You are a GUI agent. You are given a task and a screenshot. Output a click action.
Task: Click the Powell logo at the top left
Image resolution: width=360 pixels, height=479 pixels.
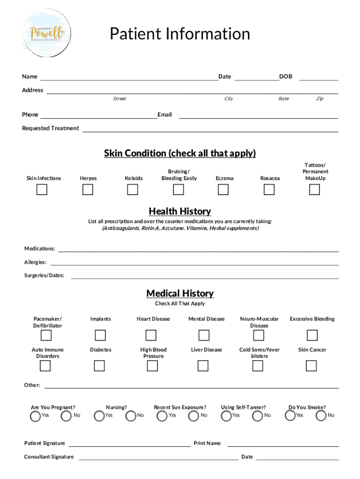pyautogui.click(x=48, y=32)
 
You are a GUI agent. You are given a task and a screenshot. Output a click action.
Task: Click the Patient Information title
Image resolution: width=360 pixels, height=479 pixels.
pyautogui.click(x=180, y=34)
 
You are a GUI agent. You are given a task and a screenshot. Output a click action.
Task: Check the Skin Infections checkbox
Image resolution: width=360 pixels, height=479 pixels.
pyautogui.click(x=42, y=189)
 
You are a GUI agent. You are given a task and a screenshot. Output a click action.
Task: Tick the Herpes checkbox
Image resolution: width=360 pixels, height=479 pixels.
pyautogui.click(x=88, y=189)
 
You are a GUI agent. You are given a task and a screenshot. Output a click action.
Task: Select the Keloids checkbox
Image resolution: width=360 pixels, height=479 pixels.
pyautogui.click(x=133, y=189)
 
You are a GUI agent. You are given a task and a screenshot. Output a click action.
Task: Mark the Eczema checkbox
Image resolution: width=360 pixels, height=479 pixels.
pyautogui.click(x=223, y=189)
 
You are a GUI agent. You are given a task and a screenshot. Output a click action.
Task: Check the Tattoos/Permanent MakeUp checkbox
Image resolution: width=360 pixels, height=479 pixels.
pyautogui.click(x=314, y=189)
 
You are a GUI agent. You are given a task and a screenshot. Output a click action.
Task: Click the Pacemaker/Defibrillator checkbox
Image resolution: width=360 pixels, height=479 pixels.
pyautogui.click(x=46, y=335)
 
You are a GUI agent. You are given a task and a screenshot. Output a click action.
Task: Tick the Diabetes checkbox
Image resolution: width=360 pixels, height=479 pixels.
pyautogui.click(x=100, y=365)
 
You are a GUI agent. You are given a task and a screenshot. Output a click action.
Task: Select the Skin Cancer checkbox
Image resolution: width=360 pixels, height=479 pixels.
pyautogui.click(x=311, y=365)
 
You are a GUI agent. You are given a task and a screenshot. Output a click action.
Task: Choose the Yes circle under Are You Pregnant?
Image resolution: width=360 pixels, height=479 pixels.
pyautogui.click(x=35, y=416)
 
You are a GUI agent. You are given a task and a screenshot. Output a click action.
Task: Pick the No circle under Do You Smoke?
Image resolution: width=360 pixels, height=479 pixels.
pyautogui.click(x=321, y=416)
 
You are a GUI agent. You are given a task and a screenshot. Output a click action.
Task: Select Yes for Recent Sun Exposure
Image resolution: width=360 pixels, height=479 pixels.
pyautogui.click(x=162, y=416)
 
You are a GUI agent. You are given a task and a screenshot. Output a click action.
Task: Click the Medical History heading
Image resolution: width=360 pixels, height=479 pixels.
pyautogui.click(x=180, y=293)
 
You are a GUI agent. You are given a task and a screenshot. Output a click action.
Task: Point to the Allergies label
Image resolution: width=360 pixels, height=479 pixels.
pyautogui.click(x=35, y=262)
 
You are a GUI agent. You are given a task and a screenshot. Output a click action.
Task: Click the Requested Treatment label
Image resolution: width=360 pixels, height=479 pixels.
pyautogui.click(x=50, y=128)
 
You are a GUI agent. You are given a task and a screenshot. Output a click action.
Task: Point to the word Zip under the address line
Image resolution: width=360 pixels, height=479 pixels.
pyautogui.click(x=320, y=99)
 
